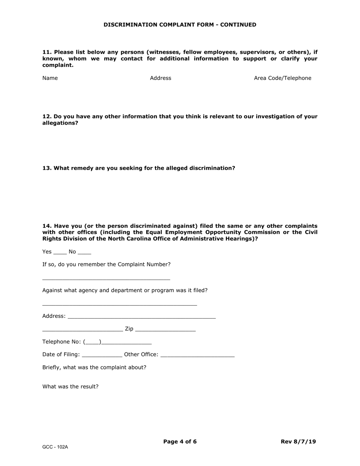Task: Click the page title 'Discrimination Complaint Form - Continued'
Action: pos(180,25)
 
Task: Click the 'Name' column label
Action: pos(50,78)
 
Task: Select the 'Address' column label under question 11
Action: pos(160,78)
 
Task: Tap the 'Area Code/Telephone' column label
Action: pos(282,78)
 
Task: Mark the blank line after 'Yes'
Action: pos(60,253)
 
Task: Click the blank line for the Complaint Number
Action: pos(106,279)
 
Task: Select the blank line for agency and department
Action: pos(119,305)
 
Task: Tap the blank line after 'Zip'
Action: pos(165,330)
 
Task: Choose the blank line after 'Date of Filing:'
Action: pos(102,356)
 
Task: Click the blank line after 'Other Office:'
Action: pos(197,356)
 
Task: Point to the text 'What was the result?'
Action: pos(70,386)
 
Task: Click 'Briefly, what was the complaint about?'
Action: pos(94,367)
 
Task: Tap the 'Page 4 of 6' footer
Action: pos(180,441)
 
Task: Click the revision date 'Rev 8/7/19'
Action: pos(298,441)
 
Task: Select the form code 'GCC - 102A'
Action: pos(55,447)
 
